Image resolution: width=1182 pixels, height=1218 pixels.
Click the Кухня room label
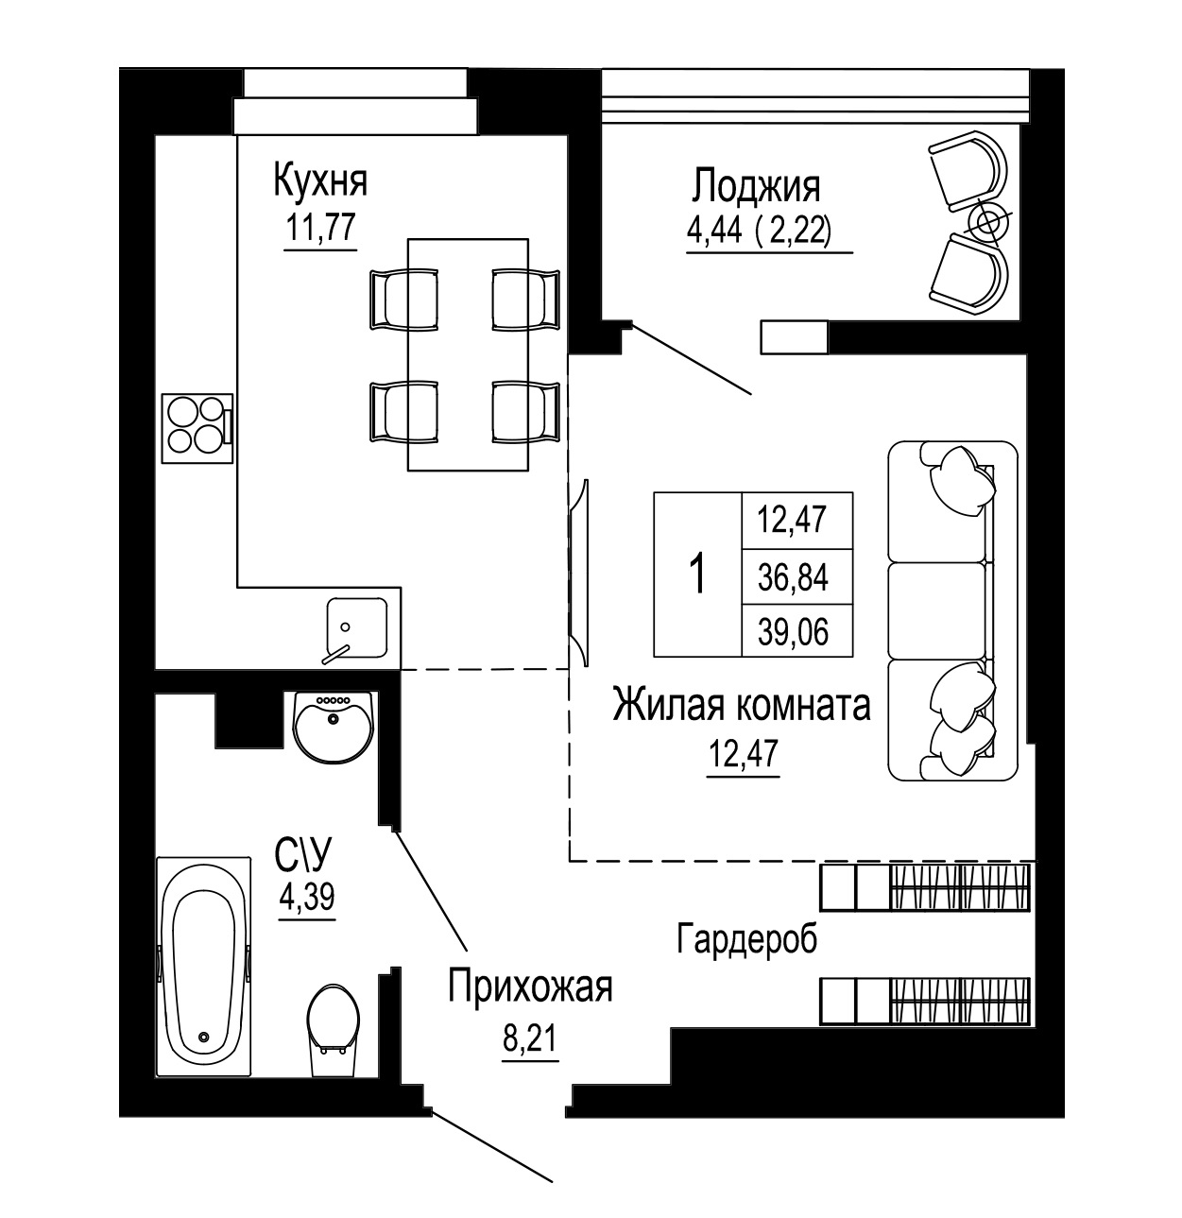pos(320,181)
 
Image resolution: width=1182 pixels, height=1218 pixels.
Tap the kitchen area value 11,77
pos(320,226)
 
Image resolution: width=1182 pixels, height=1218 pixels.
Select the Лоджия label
pos(755,185)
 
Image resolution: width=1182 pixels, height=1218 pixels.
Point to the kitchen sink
pos(356,627)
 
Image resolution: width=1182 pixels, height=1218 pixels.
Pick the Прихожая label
pos(531,987)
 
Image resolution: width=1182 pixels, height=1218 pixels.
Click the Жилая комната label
pos(742,705)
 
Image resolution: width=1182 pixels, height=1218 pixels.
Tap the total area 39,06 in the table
pos(793,632)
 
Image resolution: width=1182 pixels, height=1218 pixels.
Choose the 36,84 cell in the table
pos(793,577)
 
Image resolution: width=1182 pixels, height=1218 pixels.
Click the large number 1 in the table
pos(697,574)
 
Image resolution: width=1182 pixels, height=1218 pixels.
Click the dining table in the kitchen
pos(468,354)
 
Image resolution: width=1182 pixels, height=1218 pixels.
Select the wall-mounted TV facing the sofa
pos(578,572)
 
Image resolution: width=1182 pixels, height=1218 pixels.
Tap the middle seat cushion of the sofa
pos(937,609)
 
